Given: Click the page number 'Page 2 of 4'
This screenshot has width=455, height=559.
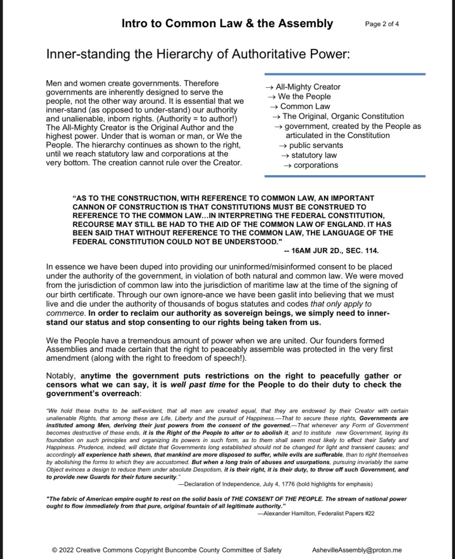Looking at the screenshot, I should coord(382,24).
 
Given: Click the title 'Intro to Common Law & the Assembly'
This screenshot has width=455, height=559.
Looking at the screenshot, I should coord(227,23).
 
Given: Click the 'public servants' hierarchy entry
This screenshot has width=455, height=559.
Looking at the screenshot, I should coord(316,145).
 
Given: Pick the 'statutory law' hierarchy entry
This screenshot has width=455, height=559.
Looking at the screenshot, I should coord(316,155).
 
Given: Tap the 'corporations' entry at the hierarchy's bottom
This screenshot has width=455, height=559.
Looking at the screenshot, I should coord(316,165).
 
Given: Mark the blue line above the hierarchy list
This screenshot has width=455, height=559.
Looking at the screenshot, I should coord(345,74).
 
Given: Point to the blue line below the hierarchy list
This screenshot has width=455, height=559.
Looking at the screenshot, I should coord(345,176).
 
